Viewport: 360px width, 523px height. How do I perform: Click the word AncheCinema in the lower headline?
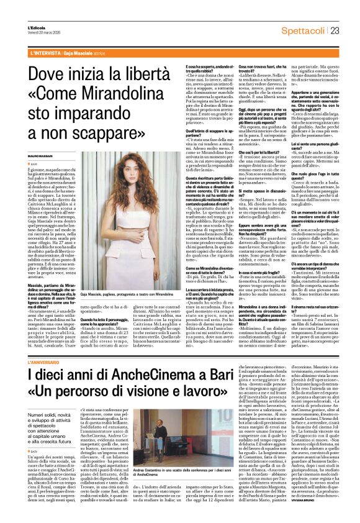point(117,375)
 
